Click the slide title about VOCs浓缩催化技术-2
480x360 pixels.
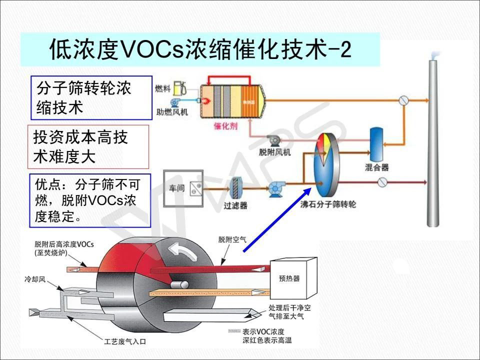point(200,49)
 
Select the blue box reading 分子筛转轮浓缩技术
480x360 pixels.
point(91,97)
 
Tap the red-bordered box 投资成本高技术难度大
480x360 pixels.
point(87,146)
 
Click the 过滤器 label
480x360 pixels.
point(235,205)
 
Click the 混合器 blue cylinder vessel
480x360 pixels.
point(375,142)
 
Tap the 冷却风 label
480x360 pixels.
point(35,278)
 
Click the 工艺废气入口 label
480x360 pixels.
point(125,342)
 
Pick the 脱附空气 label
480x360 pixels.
point(232,239)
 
